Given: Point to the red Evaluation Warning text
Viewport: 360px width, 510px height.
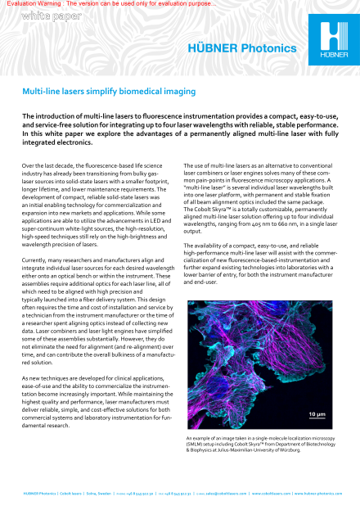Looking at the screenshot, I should (x=110, y=4).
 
